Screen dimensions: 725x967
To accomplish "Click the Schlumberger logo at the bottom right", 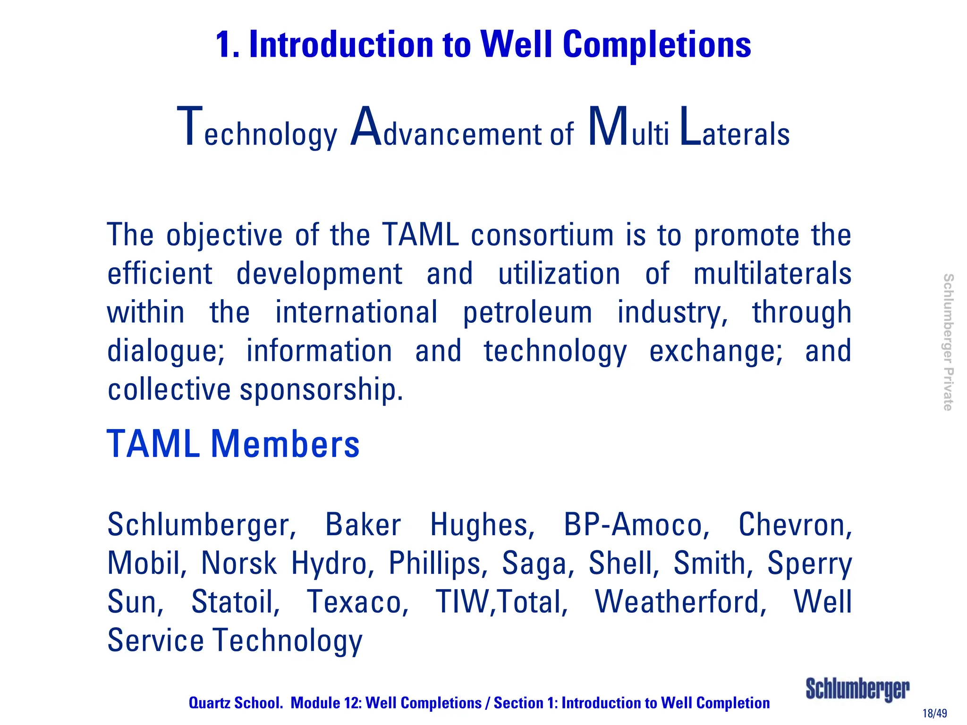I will (857, 690).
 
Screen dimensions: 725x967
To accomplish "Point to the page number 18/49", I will (934, 713).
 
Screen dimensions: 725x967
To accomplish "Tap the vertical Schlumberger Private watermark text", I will (948, 342).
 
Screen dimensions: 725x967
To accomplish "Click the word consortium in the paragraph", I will (542, 235).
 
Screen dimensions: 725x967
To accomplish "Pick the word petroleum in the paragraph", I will (527, 312).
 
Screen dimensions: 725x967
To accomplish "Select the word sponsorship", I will (322, 390).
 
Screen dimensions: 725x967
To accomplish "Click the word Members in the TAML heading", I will (285, 444).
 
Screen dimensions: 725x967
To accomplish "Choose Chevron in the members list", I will (795, 525).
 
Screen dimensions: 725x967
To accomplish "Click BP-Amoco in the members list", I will (636, 525).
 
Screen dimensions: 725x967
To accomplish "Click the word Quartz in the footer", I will (209, 703).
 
